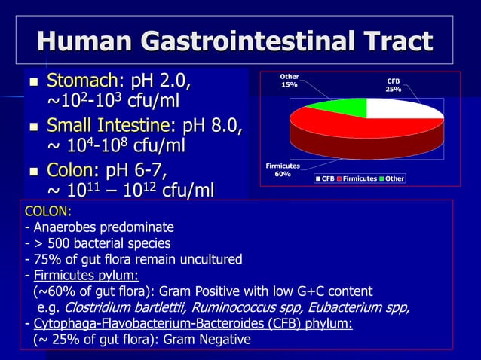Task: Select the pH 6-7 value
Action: [x=135, y=168]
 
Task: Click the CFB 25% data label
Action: [x=394, y=84]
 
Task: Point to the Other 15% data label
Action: [x=290, y=81]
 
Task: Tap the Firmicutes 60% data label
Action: [x=283, y=169]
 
